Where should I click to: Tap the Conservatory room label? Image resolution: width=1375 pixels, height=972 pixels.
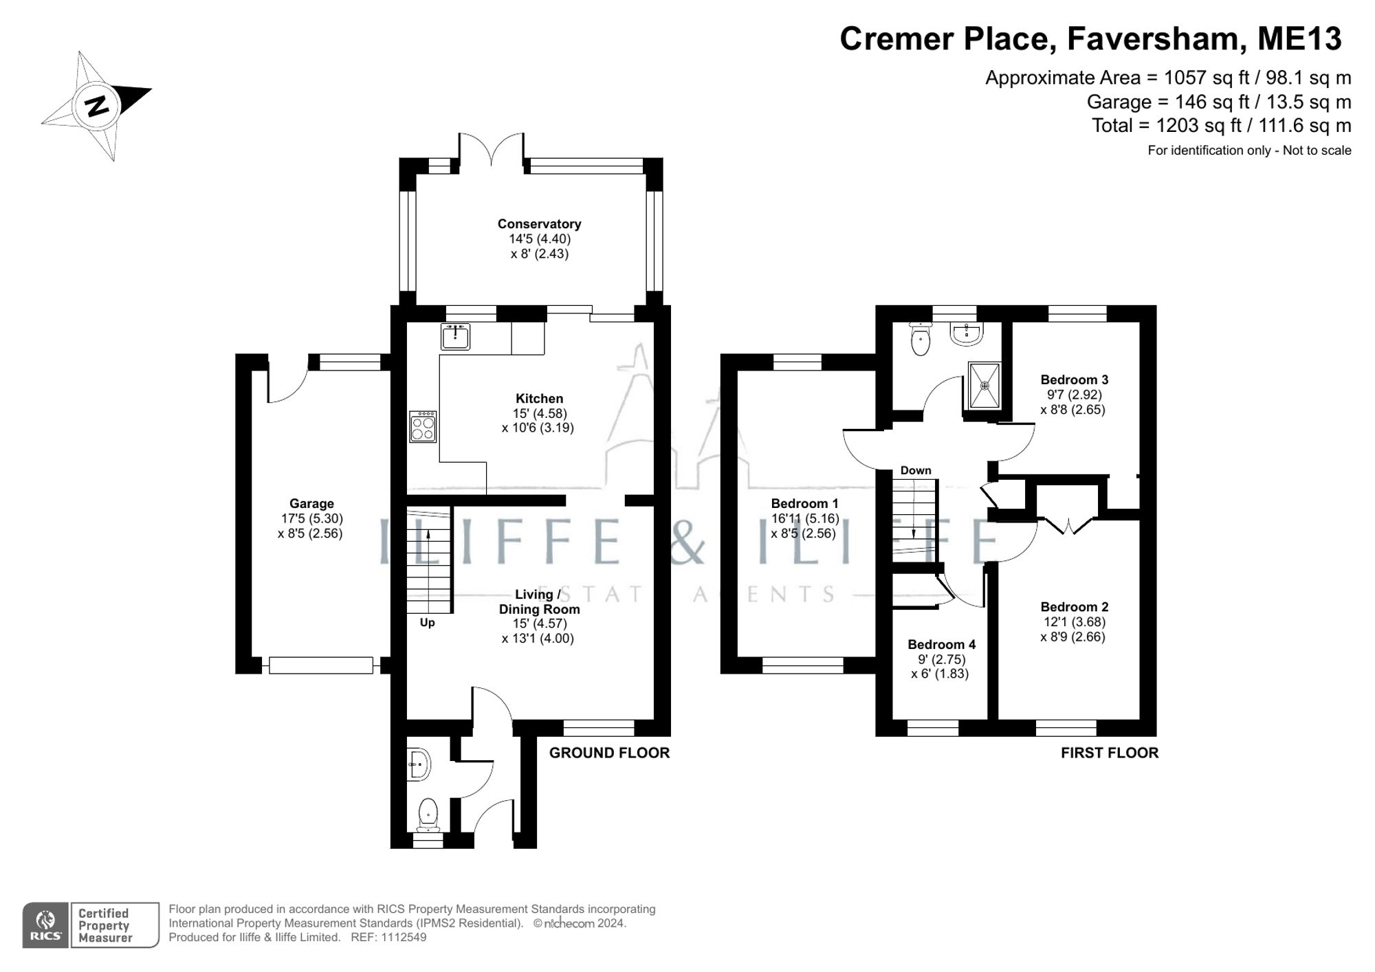click(539, 224)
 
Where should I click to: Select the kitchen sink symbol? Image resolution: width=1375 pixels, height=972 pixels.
click(455, 338)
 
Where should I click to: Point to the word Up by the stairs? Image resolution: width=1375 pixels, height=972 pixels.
click(427, 623)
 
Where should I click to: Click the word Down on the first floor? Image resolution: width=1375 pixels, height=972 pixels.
click(915, 470)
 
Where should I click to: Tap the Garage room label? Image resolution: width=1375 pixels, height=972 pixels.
click(311, 504)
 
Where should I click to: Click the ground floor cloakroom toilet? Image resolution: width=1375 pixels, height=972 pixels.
click(428, 815)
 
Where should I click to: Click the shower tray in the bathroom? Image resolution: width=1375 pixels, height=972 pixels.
click(984, 386)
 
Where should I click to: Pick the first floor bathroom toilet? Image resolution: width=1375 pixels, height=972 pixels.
click(919, 340)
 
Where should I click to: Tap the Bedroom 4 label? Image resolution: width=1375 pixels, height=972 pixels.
click(941, 644)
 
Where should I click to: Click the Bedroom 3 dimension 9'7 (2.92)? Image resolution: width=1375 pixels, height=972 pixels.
click(1074, 395)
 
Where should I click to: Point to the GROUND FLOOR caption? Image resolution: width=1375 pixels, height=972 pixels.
click(609, 753)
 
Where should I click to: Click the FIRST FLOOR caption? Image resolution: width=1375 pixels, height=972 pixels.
click(1109, 753)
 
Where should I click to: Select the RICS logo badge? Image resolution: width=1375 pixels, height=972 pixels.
click(45, 925)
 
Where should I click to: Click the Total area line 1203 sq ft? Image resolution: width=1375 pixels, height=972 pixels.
click(1221, 126)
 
